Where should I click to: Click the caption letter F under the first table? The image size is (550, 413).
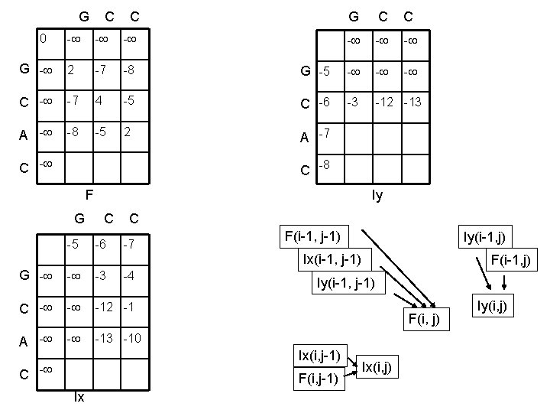(x=89, y=194)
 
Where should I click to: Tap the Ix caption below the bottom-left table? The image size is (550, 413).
(x=79, y=396)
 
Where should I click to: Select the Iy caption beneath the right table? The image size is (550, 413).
(x=378, y=195)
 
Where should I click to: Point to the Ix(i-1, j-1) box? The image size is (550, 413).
(x=337, y=258)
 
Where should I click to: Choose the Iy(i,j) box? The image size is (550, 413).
(x=497, y=307)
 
